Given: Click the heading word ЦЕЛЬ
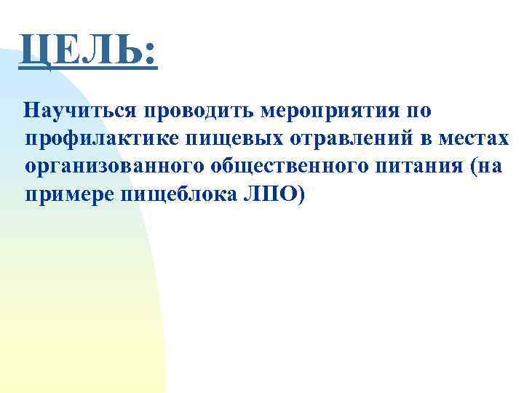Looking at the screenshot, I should coord(80,52).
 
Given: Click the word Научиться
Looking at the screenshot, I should coord(81,111).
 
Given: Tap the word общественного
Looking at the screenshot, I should coord(291,167).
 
